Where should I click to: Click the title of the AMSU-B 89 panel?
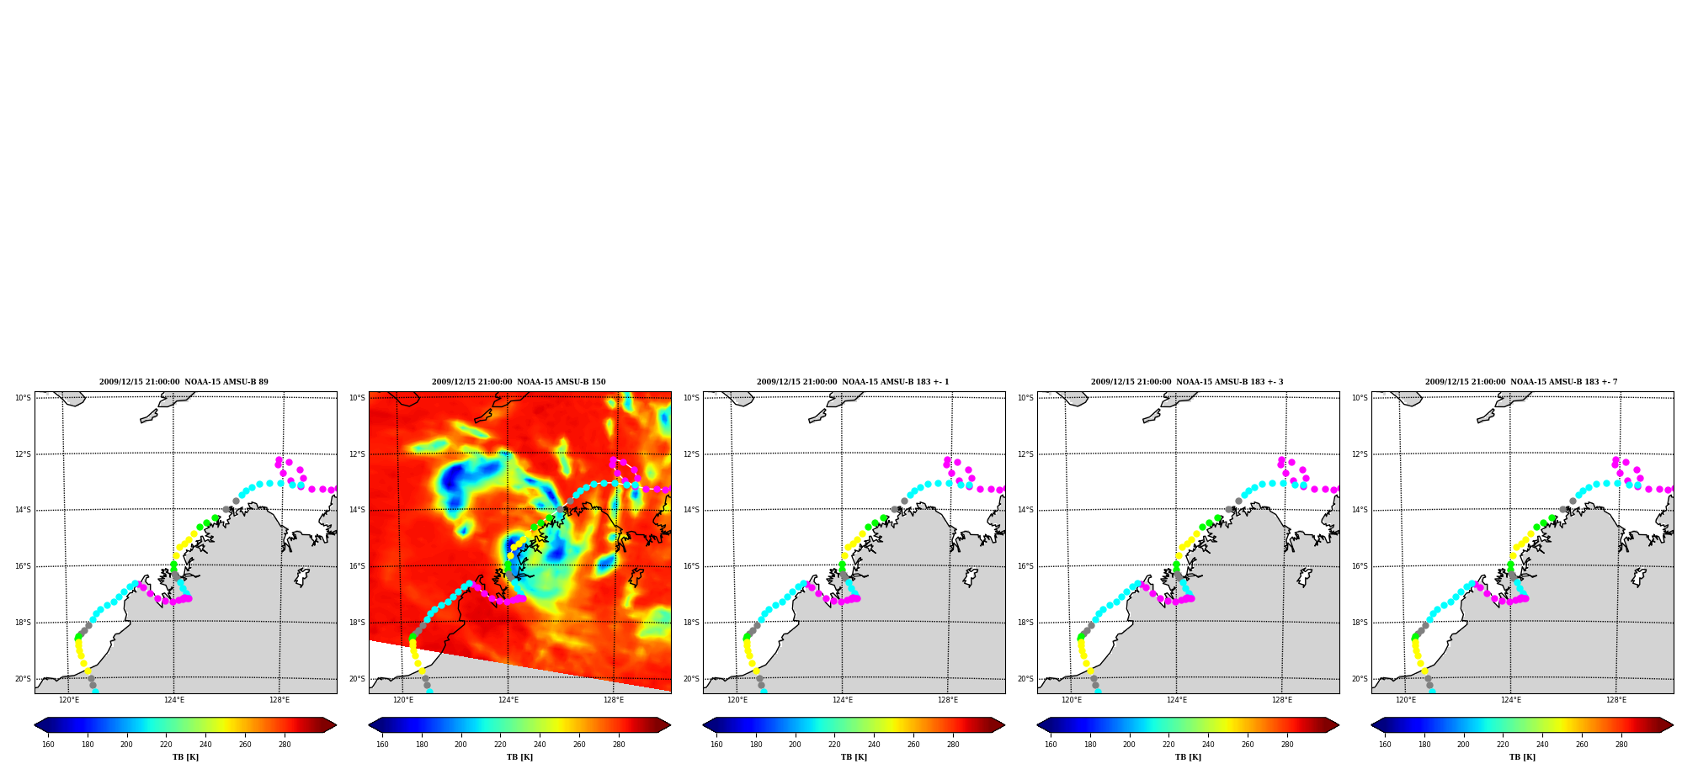184,382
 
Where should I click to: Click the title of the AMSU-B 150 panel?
519,382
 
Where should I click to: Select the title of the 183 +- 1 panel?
853,382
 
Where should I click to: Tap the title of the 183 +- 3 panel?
1187,382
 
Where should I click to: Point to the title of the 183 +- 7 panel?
1521,382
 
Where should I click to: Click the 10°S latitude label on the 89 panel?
23,398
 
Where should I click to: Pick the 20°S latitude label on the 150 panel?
357,679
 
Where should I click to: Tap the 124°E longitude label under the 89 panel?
174,700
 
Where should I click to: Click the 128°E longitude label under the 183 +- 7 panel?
1616,700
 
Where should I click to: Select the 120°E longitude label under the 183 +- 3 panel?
1072,700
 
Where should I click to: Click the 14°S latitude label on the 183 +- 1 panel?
691,510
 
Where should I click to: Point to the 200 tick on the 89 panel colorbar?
126,744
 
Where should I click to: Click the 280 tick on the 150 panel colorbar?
619,744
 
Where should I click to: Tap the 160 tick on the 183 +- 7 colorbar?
1385,744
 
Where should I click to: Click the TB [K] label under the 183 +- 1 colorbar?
854,757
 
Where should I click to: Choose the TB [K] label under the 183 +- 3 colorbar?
1188,757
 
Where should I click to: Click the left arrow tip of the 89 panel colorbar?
35,725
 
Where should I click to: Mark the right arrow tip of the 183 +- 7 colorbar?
1674,725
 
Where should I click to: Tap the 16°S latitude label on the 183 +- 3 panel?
1025,566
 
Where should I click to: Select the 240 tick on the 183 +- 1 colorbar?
874,744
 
